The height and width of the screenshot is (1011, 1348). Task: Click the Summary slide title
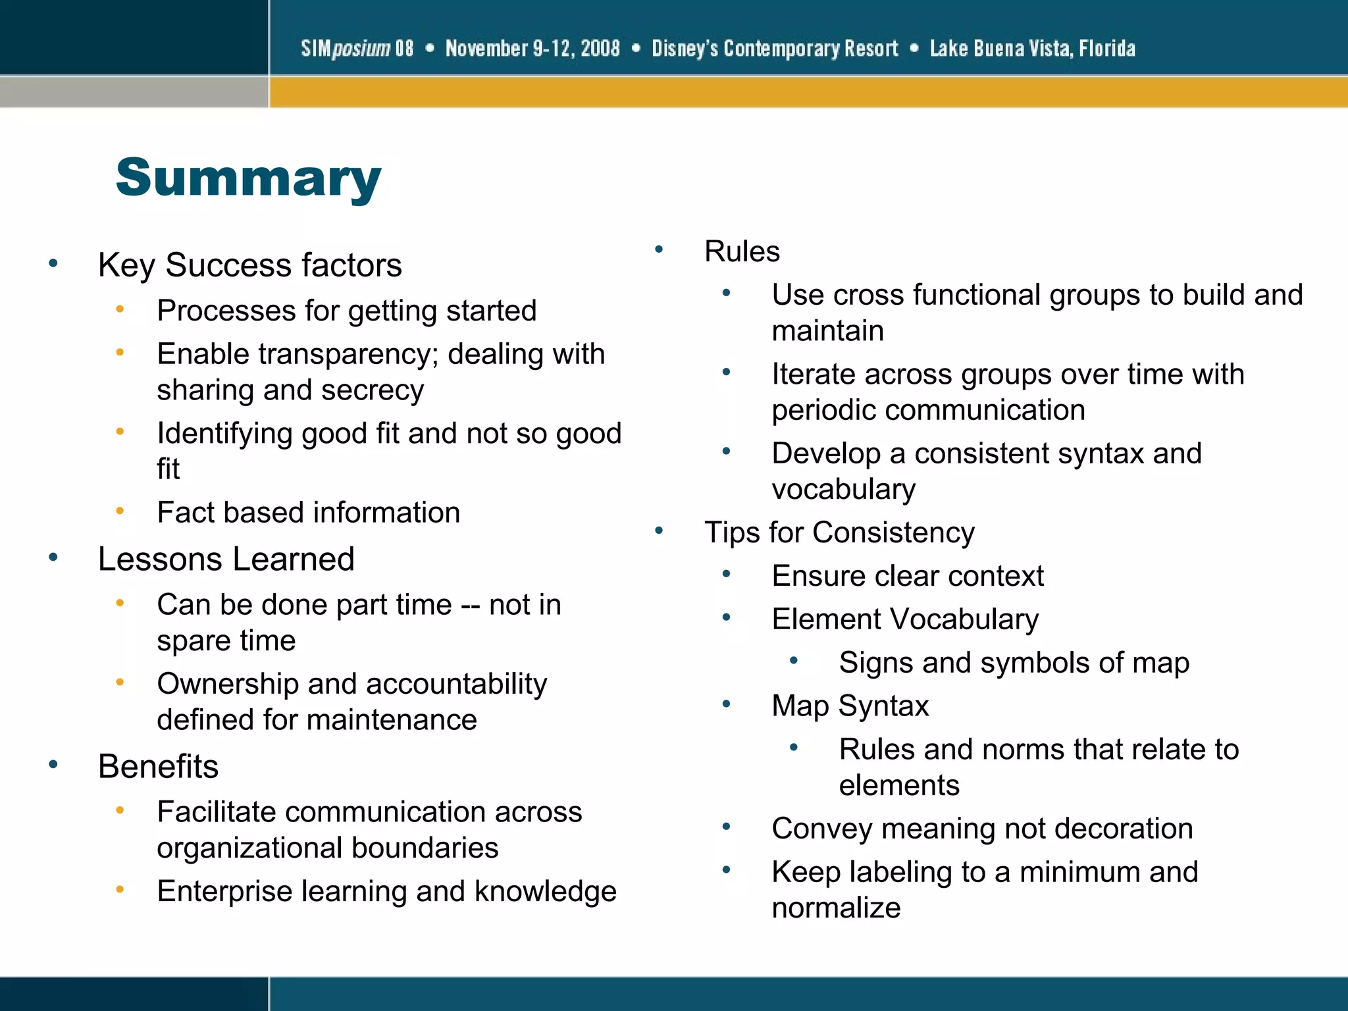pyautogui.click(x=248, y=178)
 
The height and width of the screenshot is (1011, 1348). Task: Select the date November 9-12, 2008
pyautogui.click(x=532, y=48)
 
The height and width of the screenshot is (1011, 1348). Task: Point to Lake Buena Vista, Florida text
pyautogui.click(x=1032, y=48)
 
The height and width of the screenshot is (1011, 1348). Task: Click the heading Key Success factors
pyautogui.click(x=249, y=265)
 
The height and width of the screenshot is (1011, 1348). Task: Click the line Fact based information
pyautogui.click(x=308, y=513)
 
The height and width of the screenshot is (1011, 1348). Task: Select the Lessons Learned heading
pyautogui.click(x=226, y=559)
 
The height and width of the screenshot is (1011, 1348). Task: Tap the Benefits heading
pyautogui.click(x=158, y=767)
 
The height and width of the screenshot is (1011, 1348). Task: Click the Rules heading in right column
pyautogui.click(x=742, y=251)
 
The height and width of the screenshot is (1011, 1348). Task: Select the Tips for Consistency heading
pyautogui.click(x=839, y=532)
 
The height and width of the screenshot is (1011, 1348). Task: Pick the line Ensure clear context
pyautogui.click(x=908, y=576)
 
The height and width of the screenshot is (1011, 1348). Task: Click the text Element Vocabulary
pyautogui.click(x=905, y=619)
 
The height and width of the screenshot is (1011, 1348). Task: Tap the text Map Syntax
pyautogui.click(x=850, y=706)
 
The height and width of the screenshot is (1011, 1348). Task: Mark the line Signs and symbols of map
pyautogui.click(x=1014, y=663)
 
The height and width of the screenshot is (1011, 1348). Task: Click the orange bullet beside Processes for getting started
pyautogui.click(x=120, y=309)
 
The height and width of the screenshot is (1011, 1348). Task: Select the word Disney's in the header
pyautogui.click(x=684, y=48)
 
